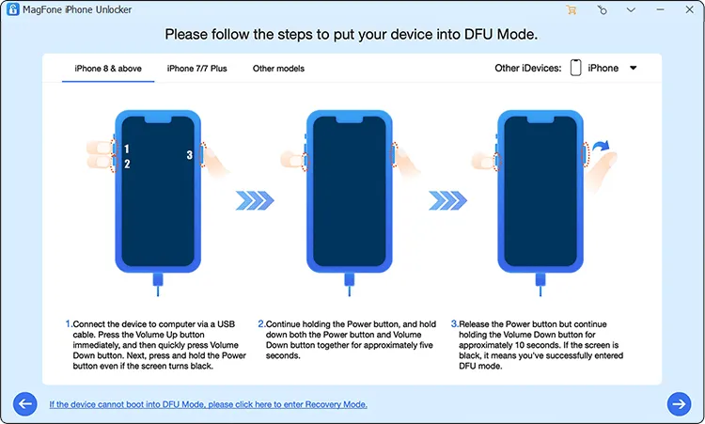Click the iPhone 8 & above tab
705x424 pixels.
click(108, 69)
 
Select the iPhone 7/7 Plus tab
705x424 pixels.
click(196, 69)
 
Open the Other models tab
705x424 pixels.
click(278, 69)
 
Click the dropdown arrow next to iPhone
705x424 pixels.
click(633, 69)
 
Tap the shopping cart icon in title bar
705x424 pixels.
click(572, 10)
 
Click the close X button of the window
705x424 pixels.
click(689, 10)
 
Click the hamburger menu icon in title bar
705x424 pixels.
click(631, 10)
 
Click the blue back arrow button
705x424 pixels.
click(24, 403)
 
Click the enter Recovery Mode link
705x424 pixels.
click(208, 404)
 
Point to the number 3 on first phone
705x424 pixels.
click(189, 156)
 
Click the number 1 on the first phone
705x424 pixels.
click(127, 149)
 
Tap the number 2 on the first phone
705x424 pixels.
click(127, 165)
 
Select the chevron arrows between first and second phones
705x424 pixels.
click(254, 200)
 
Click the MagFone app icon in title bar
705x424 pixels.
click(10, 10)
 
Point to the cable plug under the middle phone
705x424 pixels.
click(350, 280)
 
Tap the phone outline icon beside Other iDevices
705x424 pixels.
click(575, 69)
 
